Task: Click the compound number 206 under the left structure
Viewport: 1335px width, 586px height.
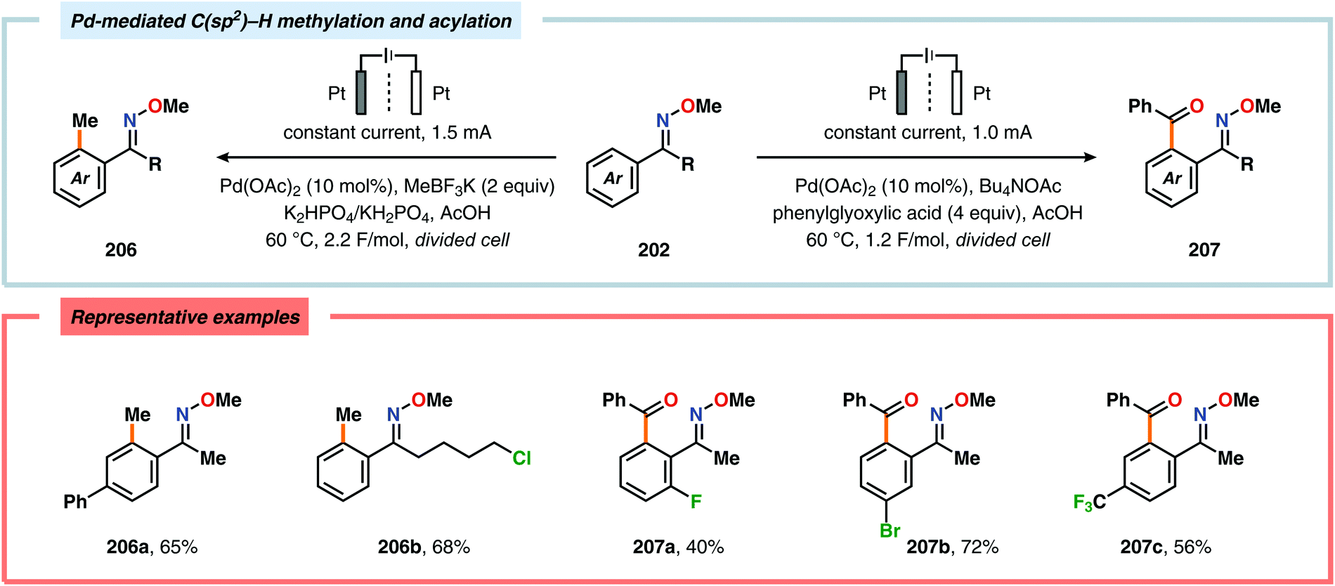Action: coord(121,250)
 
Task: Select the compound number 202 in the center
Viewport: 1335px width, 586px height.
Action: coord(653,250)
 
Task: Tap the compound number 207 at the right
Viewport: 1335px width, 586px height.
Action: coord(1204,250)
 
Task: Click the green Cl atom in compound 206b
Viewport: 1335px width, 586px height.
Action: coord(521,459)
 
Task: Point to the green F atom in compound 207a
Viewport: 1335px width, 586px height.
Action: coord(696,502)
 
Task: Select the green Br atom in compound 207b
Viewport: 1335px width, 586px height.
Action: coord(890,530)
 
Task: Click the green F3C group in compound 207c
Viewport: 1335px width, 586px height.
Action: coord(1089,502)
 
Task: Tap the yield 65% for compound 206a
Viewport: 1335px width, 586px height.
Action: coord(178,547)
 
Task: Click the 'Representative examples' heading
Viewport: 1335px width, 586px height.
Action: coord(185,318)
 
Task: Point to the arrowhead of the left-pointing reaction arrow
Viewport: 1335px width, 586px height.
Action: coord(222,157)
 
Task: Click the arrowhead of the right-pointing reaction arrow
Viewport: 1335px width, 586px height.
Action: coord(1090,157)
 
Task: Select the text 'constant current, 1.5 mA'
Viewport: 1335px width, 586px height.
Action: coord(387,133)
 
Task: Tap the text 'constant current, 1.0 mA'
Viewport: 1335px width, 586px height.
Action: coord(927,133)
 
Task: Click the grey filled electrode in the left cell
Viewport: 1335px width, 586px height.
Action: coord(361,92)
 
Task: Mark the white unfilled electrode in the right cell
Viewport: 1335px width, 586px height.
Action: coord(956,92)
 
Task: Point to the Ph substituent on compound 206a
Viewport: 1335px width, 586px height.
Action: coord(75,502)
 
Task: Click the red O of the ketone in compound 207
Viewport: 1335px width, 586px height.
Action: coord(1197,107)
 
